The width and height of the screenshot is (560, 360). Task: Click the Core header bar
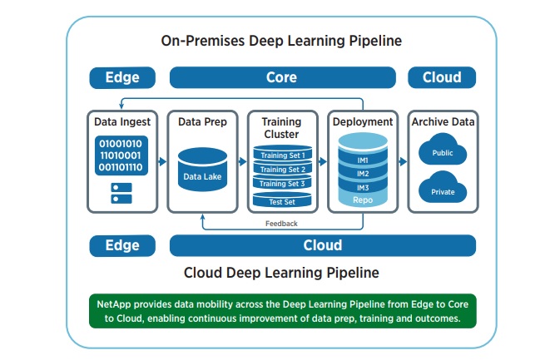coord(283,77)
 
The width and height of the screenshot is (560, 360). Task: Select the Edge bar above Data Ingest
coord(122,77)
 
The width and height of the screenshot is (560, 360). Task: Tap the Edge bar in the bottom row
coord(122,245)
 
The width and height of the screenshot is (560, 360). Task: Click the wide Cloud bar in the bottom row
coord(323,245)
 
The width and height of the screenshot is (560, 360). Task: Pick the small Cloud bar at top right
coord(442,77)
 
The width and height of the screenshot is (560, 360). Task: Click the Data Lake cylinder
coord(202,170)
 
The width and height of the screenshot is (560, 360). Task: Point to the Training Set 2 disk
coord(282,168)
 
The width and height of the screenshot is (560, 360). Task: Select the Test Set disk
coord(282,200)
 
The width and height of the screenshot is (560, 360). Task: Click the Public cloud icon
coord(443,150)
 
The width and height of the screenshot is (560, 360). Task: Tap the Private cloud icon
coord(443,188)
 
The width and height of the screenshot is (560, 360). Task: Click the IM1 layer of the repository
coord(363,159)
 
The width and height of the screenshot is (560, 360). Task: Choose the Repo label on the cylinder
coord(363,200)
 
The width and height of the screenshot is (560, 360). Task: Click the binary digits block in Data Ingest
coord(121,155)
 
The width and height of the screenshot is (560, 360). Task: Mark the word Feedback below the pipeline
coord(281,224)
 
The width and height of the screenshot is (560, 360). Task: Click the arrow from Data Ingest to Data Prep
coord(162,161)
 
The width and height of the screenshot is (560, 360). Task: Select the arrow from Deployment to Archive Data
coord(403,161)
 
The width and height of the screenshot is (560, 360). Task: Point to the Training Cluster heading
coord(281,128)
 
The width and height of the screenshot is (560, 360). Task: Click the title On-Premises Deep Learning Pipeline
coord(281,41)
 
